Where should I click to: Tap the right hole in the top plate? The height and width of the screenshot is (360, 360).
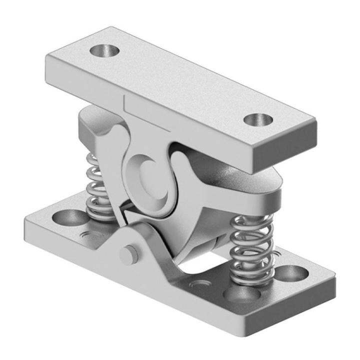258,120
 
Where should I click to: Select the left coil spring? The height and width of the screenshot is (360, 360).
99,187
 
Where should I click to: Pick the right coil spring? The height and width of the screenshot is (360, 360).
252,245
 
